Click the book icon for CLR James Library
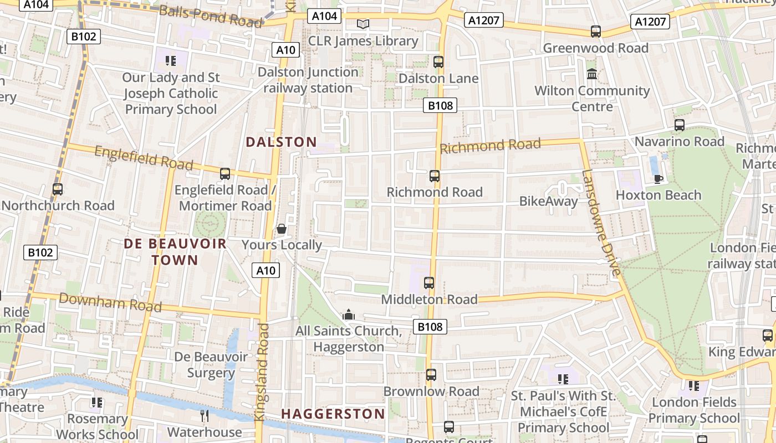[363, 24]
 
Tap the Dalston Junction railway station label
[308, 80]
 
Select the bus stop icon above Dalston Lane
[438, 62]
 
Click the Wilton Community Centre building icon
[592, 74]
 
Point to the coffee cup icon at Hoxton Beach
[658, 178]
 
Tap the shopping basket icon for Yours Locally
[282, 229]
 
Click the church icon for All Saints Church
[349, 315]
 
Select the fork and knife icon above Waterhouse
[205, 415]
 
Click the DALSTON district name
[281, 142]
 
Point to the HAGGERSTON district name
[333, 414]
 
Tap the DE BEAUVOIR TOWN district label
[175, 252]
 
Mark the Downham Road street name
[110, 302]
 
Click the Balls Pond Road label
[211, 16]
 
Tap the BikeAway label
[548, 201]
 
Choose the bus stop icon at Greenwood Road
[596, 32]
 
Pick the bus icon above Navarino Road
[679, 125]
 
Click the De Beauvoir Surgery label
[211, 364]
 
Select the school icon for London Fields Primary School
[693, 385]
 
